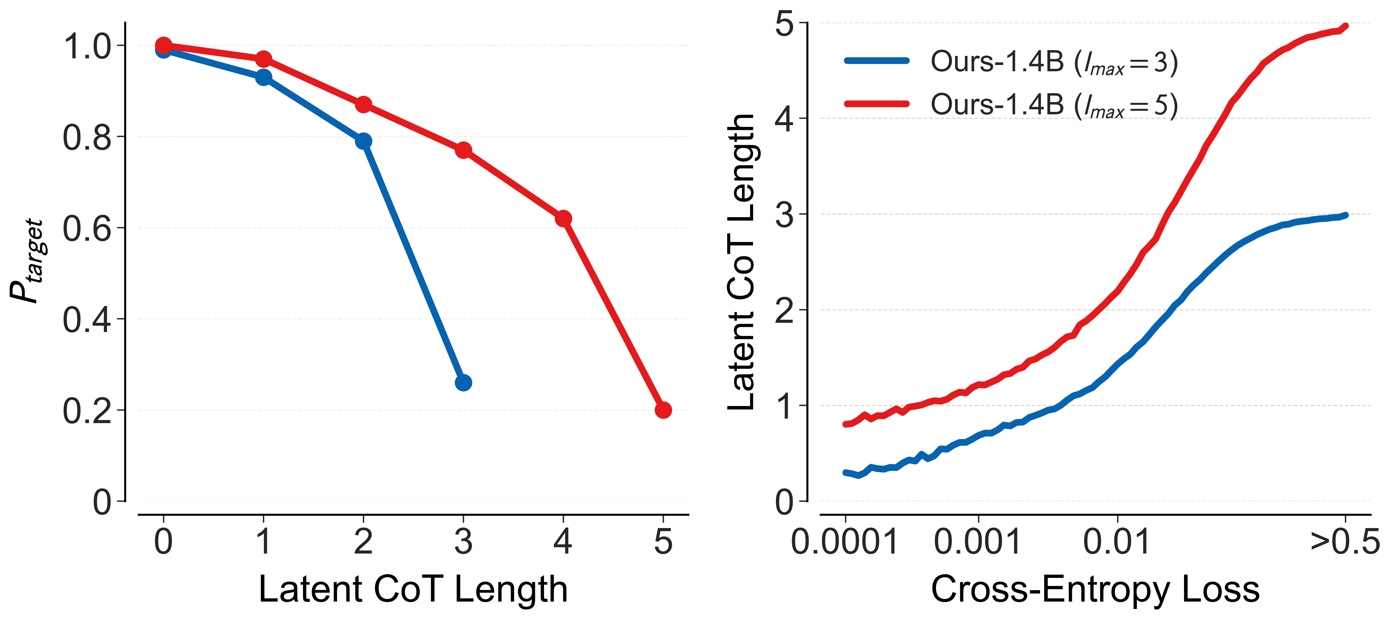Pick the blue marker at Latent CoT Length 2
click(363, 141)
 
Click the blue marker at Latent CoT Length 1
click(264, 77)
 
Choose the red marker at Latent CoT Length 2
click(363, 104)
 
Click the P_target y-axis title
click(27, 261)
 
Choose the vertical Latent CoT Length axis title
click(741, 262)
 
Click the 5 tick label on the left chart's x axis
click(663, 542)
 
